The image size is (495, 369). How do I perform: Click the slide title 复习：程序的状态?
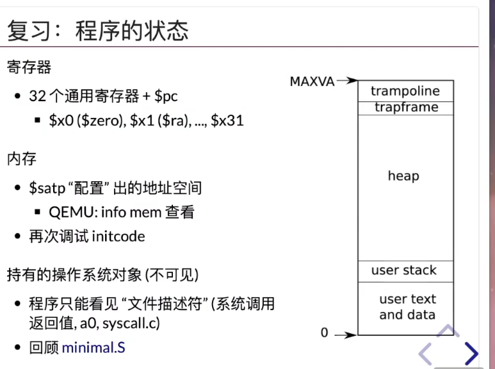97,31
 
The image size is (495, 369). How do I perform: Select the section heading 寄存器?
29,67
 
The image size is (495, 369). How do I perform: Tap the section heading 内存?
22,159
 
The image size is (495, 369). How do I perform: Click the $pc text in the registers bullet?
166,96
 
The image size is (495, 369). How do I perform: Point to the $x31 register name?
227,120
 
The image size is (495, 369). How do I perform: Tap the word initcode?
118,236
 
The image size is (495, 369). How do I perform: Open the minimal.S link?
93,347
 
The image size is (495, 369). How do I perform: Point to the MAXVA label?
312,81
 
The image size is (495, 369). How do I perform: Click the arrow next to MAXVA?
347,81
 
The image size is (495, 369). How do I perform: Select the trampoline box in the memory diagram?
405,91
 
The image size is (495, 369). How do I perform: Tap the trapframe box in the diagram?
405,108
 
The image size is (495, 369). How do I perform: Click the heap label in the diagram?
403,176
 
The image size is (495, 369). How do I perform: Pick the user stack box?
405,272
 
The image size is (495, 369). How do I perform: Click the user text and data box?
405,308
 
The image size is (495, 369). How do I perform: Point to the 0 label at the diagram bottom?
324,332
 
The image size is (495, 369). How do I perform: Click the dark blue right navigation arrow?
472,353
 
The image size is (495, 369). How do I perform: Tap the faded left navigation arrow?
425,354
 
